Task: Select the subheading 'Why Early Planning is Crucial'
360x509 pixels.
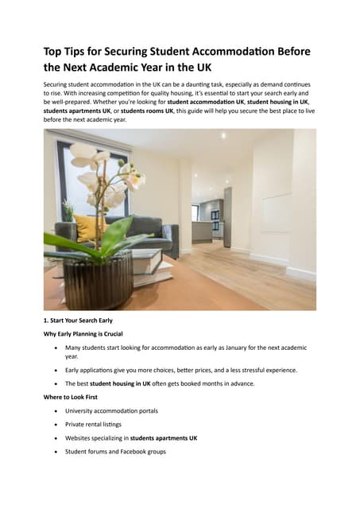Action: (83, 334)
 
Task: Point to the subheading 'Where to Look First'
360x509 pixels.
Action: (71, 396)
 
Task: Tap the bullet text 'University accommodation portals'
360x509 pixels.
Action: (111, 410)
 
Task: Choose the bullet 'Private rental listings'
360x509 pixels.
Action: (95, 424)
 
